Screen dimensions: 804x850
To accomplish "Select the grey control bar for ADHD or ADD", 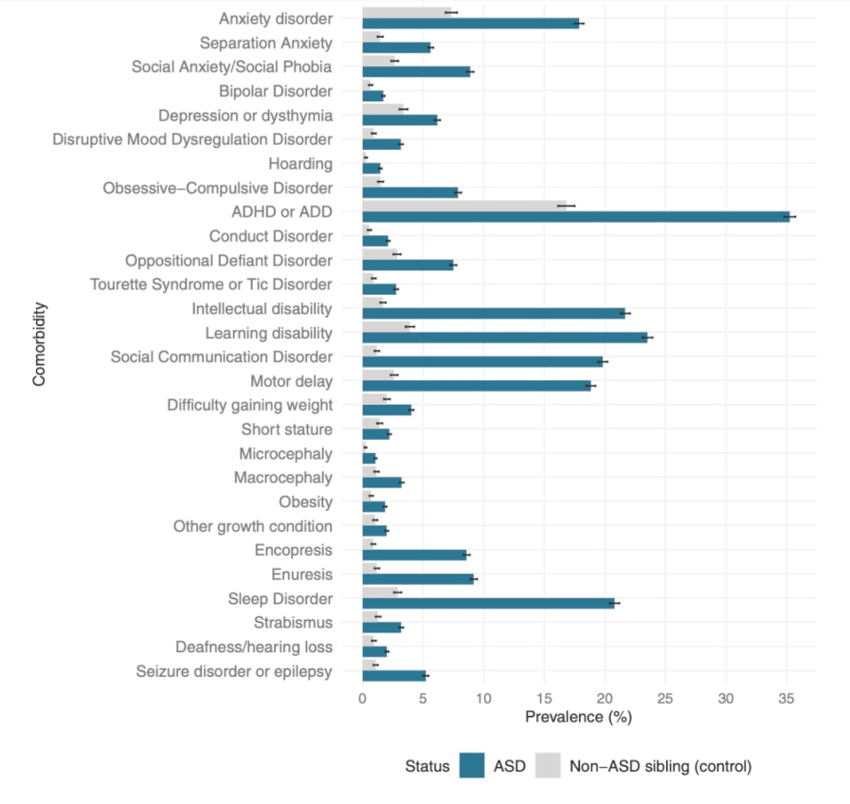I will point(464,205).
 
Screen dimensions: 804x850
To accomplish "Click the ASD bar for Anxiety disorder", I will point(471,24).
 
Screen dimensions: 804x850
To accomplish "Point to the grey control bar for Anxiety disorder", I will point(407,11).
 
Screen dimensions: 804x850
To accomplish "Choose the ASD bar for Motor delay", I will point(477,386).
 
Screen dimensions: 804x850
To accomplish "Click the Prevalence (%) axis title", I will point(578,718).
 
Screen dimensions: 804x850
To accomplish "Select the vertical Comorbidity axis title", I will point(39,343).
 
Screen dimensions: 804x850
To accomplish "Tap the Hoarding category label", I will point(299,164).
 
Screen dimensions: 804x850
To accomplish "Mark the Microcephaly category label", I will point(285,454).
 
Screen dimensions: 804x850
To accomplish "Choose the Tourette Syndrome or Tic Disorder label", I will point(211,284).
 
